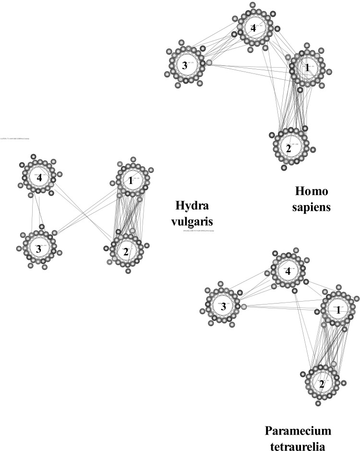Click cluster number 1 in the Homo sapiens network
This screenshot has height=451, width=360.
click(x=307, y=68)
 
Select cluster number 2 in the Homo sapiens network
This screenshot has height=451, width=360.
click(x=288, y=149)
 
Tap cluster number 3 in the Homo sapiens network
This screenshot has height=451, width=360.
click(x=184, y=65)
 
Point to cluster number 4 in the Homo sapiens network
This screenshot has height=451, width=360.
click(x=253, y=28)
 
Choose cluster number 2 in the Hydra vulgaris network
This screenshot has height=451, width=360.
click(x=126, y=251)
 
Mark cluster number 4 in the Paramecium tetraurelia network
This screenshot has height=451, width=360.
click(x=288, y=271)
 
